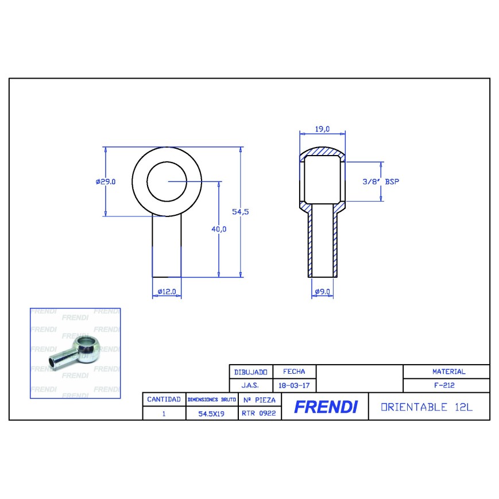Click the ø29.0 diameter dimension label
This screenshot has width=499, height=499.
pyautogui.click(x=106, y=181)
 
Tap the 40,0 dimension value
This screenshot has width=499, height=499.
pyautogui.click(x=219, y=229)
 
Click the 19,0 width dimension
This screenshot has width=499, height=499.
pyautogui.click(x=322, y=129)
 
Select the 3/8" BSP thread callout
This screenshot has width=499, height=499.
pyautogui.click(x=380, y=181)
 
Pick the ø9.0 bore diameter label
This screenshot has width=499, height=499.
pyautogui.click(x=322, y=292)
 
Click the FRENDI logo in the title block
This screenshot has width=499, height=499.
pyautogui.click(x=325, y=407)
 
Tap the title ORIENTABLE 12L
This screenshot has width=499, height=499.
pyautogui.click(x=427, y=407)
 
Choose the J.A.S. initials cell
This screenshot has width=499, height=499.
pyautogui.click(x=250, y=386)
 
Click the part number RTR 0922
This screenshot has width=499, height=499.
pyautogui.click(x=259, y=412)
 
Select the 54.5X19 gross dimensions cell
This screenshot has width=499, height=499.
pyautogui.click(x=211, y=413)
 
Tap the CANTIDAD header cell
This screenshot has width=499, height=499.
pyautogui.click(x=164, y=399)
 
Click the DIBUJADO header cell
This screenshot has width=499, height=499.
pyautogui.click(x=250, y=372)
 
